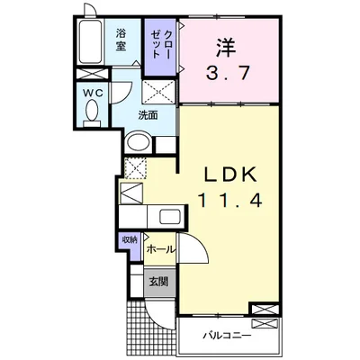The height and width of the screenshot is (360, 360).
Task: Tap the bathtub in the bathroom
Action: click(90, 41)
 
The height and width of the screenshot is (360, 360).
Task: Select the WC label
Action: click(93, 94)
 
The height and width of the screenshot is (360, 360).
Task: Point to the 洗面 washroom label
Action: click(148, 115)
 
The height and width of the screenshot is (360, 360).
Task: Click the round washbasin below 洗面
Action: click(139, 144)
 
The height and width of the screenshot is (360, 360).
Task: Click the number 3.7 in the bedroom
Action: click(228, 74)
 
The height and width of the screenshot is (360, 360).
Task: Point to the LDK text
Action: click(230, 174)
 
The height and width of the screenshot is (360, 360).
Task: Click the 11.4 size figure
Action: click(229, 200)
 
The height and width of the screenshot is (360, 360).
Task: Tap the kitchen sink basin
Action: click(170, 216)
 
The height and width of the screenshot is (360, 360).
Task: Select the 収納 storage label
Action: click(130, 239)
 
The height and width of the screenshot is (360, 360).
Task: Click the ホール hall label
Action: click(161, 249)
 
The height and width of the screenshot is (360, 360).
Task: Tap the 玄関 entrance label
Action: click(158, 282)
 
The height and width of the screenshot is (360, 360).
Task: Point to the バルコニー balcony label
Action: click(227, 335)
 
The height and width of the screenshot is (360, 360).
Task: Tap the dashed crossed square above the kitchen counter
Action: click(135, 168)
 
